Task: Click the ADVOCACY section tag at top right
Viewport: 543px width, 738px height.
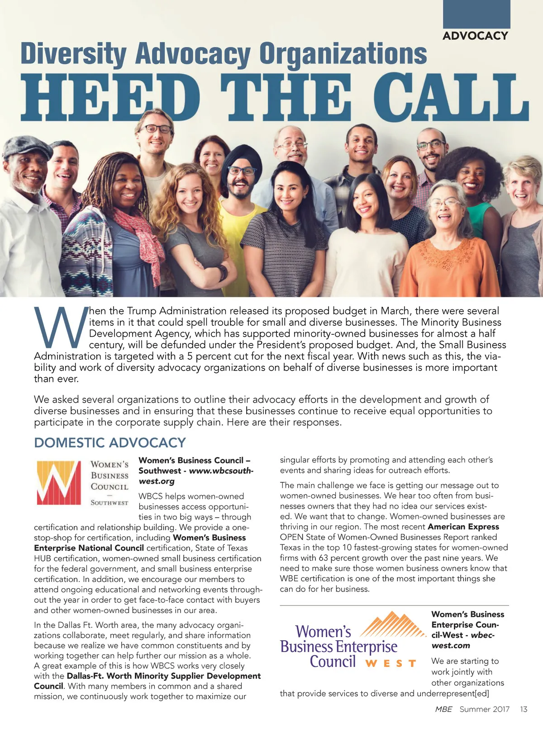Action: pos(475,36)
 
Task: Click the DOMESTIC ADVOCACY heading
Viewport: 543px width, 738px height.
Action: pos(110,443)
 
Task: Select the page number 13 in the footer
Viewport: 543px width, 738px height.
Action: pos(524,709)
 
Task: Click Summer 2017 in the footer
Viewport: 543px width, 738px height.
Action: pos(484,709)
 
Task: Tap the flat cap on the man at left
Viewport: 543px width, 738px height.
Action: pos(27,147)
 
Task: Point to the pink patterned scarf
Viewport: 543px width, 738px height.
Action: pos(143,240)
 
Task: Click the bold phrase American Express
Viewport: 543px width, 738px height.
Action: pos(463,527)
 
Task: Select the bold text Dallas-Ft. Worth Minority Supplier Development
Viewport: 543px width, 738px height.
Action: pos(164,676)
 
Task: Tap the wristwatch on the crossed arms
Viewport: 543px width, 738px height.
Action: pos(222,271)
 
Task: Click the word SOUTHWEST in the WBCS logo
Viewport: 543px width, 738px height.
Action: pos(109,503)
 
